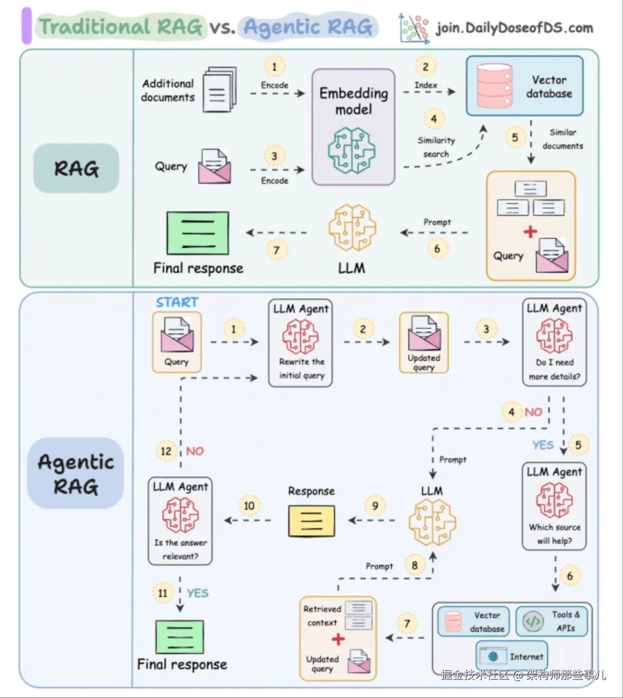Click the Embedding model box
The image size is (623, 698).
[353, 127]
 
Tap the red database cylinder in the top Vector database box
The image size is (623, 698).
[494, 86]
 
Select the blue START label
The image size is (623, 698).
[177, 302]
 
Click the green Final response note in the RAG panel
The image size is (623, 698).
[198, 233]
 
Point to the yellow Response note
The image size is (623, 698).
[311, 521]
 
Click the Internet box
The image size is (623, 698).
[512, 656]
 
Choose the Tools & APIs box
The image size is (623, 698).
[551, 621]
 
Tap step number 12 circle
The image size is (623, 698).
[166, 451]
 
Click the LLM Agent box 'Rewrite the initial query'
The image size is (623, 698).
[300, 343]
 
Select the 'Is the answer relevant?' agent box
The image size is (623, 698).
[180, 521]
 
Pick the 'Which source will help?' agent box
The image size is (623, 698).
[554, 506]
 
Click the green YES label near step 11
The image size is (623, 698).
[197, 593]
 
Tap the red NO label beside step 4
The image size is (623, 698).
[533, 412]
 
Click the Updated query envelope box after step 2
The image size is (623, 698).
[424, 343]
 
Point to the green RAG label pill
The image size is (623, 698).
[76, 168]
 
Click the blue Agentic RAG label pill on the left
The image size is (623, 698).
[76, 473]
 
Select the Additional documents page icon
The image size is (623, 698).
[219, 90]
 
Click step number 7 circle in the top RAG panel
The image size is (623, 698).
[276, 250]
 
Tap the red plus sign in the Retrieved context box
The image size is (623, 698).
[338, 639]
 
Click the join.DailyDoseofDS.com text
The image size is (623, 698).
[514, 28]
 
